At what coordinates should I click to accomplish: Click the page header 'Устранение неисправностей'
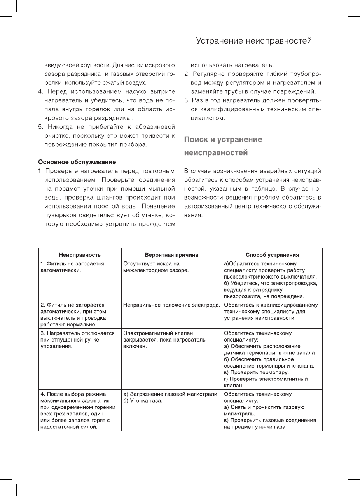pyautogui.click(x=254, y=41)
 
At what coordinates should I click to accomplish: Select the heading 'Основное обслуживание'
pyautogui.click(x=77, y=162)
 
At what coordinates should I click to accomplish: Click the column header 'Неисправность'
pyautogui.click(x=80, y=255)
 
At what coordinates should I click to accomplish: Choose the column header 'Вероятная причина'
pyautogui.click(x=171, y=255)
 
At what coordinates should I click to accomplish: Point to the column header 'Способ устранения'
pyautogui.click(x=272, y=255)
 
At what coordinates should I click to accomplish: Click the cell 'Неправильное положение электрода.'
pyautogui.click(x=171, y=305)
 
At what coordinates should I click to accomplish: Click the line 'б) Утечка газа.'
pyautogui.click(x=143, y=401)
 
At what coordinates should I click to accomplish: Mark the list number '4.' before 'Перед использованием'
pyautogui.click(x=40, y=92)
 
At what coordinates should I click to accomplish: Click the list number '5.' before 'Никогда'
pyautogui.click(x=40, y=127)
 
